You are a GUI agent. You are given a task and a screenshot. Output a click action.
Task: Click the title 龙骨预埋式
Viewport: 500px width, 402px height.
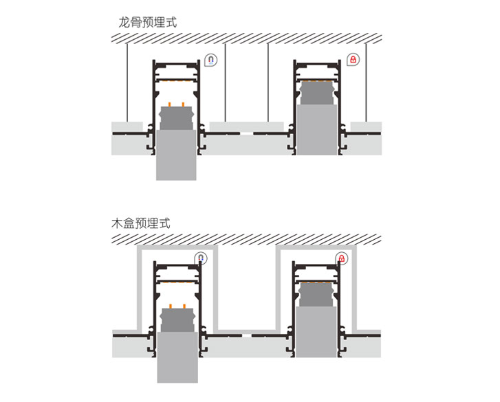click(147, 22)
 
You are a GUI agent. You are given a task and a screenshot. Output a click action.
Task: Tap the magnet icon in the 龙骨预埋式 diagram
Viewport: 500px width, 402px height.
click(211, 60)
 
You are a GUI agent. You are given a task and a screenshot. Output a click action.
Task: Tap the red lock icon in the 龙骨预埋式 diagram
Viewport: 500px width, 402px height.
click(352, 60)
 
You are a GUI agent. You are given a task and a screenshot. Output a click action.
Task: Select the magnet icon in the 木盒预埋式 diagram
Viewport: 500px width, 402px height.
click(201, 259)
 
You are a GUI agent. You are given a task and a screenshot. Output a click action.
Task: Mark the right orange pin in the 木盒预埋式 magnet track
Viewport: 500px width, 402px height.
click(184, 305)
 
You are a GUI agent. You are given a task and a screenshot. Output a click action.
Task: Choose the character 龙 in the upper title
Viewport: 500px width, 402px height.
click(124, 22)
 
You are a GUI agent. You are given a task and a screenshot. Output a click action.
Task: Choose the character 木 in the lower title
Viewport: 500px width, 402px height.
click(116, 223)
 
